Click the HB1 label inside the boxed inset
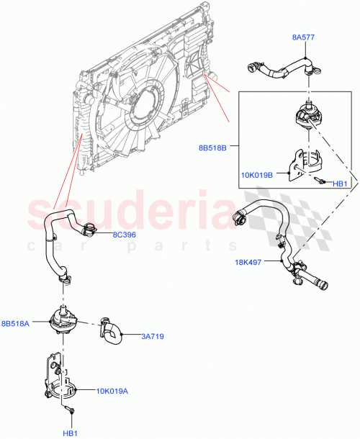click(341, 184)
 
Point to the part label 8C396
click(124, 235)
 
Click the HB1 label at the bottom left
click(71, 433)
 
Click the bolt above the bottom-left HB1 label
click(71, 410)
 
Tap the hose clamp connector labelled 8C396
click(89, 230)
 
